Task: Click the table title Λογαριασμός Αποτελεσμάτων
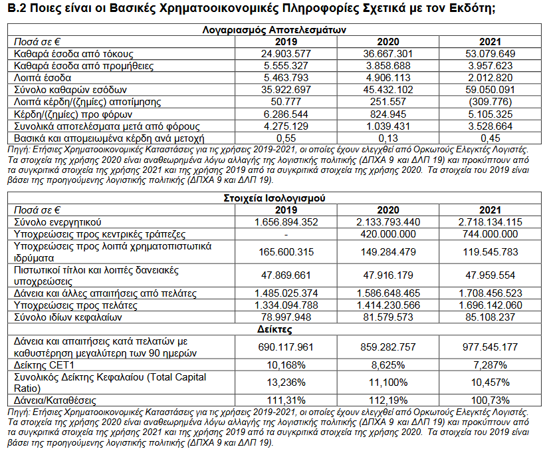[x=274, y=30]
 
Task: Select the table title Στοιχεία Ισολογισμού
[x=274, y=198]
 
